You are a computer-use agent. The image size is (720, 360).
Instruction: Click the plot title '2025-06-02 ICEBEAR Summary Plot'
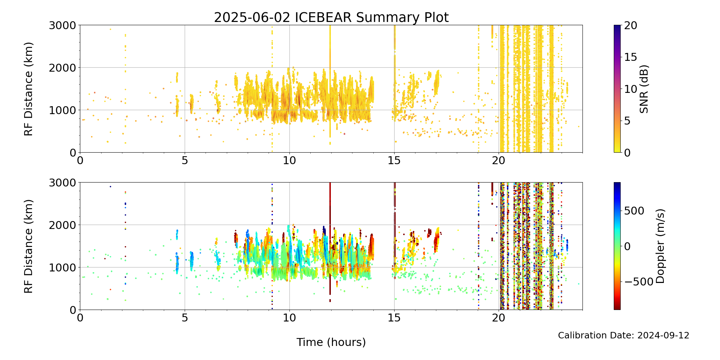pyautogui.click(x=331, y=18)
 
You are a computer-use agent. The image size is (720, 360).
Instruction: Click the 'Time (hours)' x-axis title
pyautogui.click(x=331, y=342)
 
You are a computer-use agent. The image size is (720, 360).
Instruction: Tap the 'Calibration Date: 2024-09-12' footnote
pyautogui.click(x=624, y=336)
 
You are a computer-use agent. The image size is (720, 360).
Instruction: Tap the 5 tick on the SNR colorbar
pyautogui.click(x=627, y=121)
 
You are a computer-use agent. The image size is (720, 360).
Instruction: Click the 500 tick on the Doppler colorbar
pyautogui.click(x=634, y=211)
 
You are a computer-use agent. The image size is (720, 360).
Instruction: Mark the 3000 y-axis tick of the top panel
pyautogui.click(x=62, y=25)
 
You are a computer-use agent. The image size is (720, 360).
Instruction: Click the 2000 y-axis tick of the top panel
pyautogui.click(x=62, y=68)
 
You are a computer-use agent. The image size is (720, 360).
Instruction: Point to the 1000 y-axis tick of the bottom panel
pyautogui.click(x=62, y=267)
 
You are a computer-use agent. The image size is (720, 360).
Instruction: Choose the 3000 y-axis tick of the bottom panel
pyautogui.click(x=62, y=183)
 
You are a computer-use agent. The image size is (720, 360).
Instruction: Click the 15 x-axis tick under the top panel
pyautogui.click(x=394, y=161)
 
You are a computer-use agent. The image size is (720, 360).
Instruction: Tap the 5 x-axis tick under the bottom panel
pyautogui.click(x=185, y=318)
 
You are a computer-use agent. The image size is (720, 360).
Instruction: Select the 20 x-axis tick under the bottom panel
pyautogui.click(x=499, y=318)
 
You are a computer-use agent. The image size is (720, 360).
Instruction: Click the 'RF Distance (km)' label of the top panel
pyautogui.click(x=28, y=89)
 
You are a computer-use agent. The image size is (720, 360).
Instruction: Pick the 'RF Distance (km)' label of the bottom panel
pyautogui.click(x=28, y=246)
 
